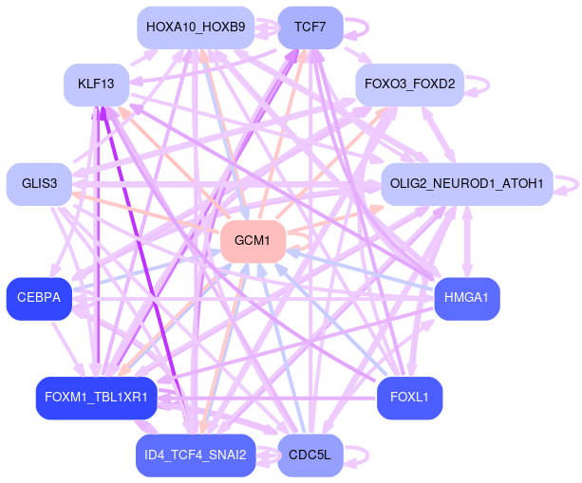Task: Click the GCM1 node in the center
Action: pyautogui.click(x=253, y=241)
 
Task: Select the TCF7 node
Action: pyautogui.click(x=310, y=28)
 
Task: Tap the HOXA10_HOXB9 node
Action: pyautogui.click(x=196, y=28)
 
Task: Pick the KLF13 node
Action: pyautogui.click(x=96, y=85)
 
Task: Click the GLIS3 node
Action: pyautogui.click(x=39, y=183)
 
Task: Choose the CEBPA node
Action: pyautogui.click(x=39, y=298)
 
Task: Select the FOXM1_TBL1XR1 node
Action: pyautogui.click(x=95, y=398)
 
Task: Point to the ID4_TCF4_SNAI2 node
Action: pyautogui.click(x=196, y=455)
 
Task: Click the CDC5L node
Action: pyautogui.click(x=310, y=455)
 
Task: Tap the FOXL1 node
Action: pyautogui.click(x=409, y=398)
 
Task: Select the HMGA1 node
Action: pyautogui.click(x=466, y=298)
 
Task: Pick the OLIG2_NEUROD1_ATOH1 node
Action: pyautogui.click(x=466, y=183)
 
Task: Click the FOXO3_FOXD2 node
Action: pyautogui.click(x=409, y=85)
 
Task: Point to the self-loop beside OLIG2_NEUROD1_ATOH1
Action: pyautogui.click(x=568, y=183)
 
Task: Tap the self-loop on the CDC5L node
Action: pyautogui.click(x=358, y=455)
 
